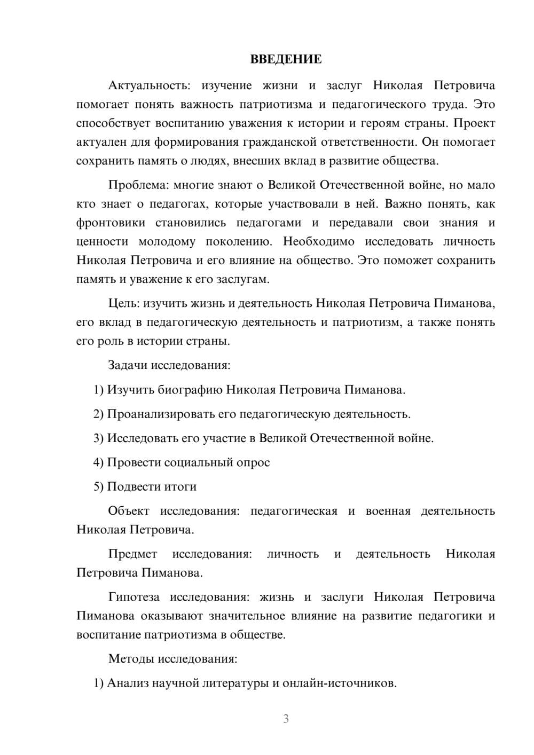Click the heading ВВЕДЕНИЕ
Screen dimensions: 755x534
coord(286,59)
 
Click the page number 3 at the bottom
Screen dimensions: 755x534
coord(286,719)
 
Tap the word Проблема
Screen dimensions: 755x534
coord(136,185)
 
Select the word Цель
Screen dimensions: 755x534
coord(122,304)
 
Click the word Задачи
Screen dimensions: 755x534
coord(128,366)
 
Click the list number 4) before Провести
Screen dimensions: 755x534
coord(98,462)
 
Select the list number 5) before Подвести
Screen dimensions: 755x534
coord(98,487)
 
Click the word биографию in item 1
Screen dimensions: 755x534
coord(190,390)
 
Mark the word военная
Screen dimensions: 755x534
coord(388,511)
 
